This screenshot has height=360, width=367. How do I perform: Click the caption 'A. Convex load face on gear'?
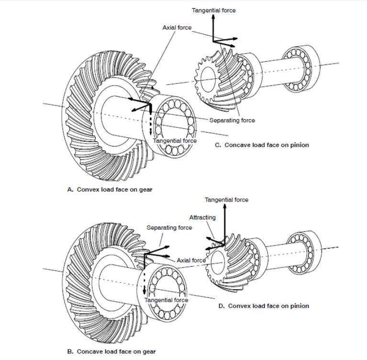coord(110,190)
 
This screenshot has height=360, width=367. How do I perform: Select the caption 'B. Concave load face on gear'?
coord(111,351)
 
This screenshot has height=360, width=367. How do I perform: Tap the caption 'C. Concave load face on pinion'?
coord(262,145)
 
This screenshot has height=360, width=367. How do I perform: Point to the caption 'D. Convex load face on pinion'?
coord(264,306)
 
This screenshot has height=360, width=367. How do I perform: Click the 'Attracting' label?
coord(202,218)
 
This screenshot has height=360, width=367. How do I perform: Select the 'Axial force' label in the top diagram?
coord(177,28)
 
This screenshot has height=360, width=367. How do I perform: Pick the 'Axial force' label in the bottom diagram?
coord(191,260)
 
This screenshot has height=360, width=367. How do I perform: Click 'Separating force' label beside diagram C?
coord(232,120)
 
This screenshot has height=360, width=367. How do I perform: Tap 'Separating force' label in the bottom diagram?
coord(169,228)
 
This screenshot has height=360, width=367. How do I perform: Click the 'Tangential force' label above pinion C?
coord(214,11)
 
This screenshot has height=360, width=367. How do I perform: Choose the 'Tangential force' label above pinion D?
coord(227,200)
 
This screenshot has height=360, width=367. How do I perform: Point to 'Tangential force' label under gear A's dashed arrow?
coord(175,141)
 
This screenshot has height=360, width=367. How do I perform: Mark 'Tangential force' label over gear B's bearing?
coord(166,300)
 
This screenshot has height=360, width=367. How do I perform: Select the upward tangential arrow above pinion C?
coord(213,28)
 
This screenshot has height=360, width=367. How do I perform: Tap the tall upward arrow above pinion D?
coord(225,225)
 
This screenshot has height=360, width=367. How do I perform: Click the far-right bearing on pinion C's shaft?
coord(301,68)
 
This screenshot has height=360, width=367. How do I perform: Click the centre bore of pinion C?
coord(208,79)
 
